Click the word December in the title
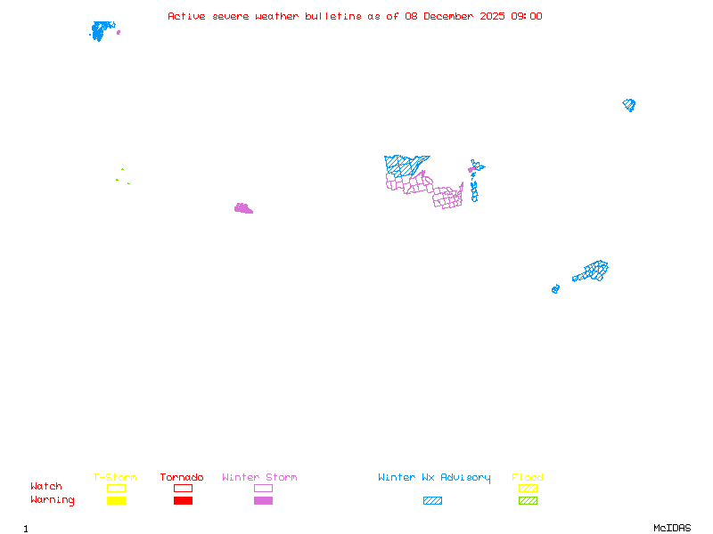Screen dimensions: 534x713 point(450,16)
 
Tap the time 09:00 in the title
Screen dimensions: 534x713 point(526,16)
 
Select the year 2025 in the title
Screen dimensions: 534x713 point(493,16)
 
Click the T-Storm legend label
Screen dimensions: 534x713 point(115,478)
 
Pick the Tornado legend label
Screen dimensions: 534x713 point(182,478)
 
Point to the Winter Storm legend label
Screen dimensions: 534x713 point(259,478)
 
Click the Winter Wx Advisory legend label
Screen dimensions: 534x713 point(434,478)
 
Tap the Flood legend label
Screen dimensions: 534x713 point(528,478)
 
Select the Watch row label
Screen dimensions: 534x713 point(46,487)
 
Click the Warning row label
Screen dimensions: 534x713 point(53,500)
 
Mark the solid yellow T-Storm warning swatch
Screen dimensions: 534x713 point(116,501)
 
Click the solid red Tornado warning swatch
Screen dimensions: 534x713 point(183,501)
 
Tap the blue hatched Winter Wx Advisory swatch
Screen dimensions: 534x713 point(432,501)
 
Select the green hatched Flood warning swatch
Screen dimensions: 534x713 point(528,501)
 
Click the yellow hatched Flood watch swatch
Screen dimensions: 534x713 point(528,488)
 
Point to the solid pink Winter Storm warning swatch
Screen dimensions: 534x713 point(263,501)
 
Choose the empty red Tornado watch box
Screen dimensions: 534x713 point(183,488)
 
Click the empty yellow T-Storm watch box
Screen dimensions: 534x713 point(116,488)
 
